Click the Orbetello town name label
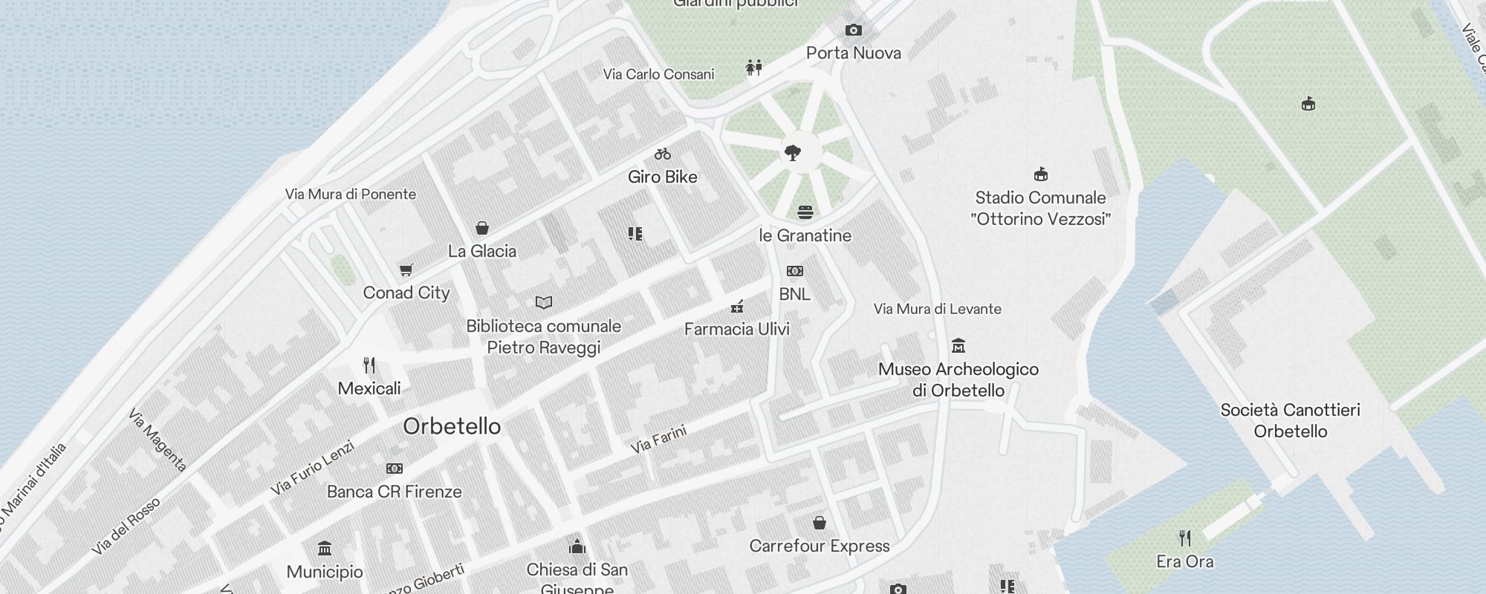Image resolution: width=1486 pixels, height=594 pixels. [x=452, y=426]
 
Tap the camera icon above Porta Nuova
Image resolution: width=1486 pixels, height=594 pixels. [x=854, y=30]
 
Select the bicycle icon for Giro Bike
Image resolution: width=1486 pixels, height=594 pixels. [x=663, y=154]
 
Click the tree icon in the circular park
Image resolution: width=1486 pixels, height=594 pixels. [x=793, y=153]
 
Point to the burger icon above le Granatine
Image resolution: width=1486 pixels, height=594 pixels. [x=805, y=212]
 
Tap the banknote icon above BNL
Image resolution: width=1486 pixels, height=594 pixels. [x=795, y=271]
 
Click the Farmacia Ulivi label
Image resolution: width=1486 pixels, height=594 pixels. [x=736, y=329]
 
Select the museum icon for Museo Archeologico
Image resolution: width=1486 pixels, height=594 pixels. [x=958, y=346]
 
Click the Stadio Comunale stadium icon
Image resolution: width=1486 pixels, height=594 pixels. [x=1041, y=174]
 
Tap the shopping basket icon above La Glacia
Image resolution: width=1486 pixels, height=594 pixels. [x=482, y=228]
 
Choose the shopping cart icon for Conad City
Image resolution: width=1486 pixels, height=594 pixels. [x=406, y=270]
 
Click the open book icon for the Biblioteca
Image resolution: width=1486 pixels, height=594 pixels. [x=544, y=303]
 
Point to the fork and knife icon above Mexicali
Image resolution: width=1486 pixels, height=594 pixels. [x=369, y=365]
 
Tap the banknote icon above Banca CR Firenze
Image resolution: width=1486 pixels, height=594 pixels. [x=395, y=469]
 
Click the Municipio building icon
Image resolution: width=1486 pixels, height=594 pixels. [x=325, y=549]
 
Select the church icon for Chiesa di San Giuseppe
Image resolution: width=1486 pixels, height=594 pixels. [x=577, y=547]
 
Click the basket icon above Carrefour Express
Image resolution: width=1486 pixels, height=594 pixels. [x=820, y=523]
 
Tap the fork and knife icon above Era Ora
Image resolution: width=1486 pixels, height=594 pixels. [x=1185, y=538]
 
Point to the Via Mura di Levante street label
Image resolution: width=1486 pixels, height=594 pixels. [x=937, y=309]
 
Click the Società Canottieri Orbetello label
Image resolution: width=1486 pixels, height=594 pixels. [x=1291, y=420]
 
